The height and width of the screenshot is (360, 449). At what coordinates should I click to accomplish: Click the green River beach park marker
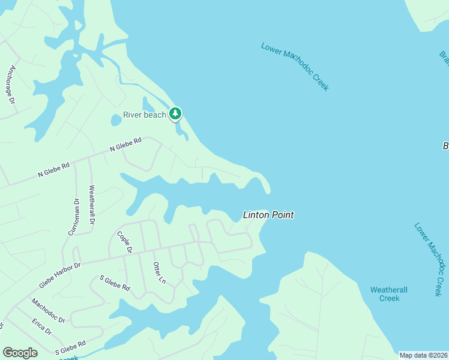click(175, 113)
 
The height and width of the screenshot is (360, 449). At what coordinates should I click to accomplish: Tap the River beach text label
click(144, 115)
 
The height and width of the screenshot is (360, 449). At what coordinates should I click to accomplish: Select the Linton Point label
click(268, 215)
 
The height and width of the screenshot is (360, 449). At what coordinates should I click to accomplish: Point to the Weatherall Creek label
click(389, 294)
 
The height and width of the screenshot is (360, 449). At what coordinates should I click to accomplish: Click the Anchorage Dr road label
click(10, 85)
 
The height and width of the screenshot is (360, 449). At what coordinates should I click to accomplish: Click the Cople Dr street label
click(125, 242)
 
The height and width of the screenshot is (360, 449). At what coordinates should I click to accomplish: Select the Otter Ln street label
click(158, 272)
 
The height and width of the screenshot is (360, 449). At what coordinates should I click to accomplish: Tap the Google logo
click(20, 353)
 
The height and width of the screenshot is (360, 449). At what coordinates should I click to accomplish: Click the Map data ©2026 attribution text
click(423, 355)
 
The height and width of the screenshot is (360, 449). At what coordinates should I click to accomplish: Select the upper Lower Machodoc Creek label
click(295, 66)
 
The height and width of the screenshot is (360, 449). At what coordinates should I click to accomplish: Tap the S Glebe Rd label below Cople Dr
click(115, 283)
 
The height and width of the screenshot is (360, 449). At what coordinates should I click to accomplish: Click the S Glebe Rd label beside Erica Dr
click(70, 347)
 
